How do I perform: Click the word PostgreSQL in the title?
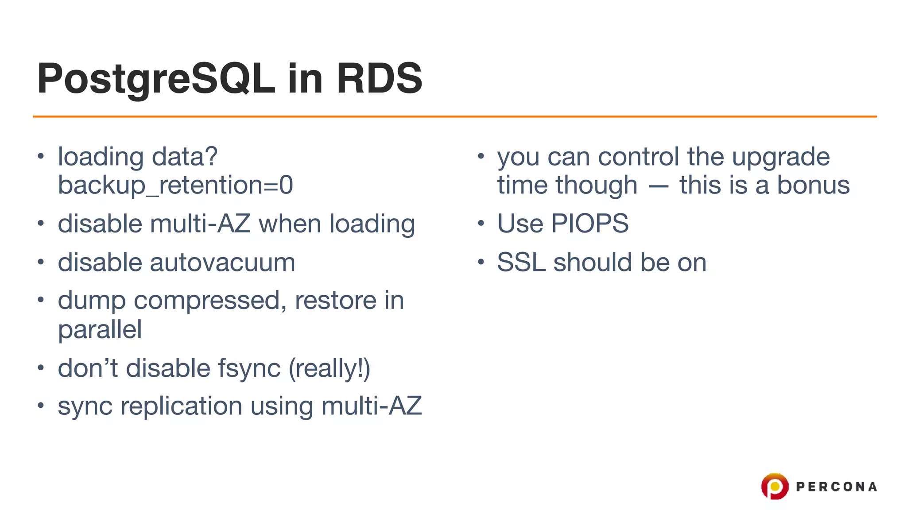coord(156,79)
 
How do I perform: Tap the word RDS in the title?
coord(379,79)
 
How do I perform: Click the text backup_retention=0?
coord(175,185)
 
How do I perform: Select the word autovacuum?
coord(222,263)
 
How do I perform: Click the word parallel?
coord(100,330)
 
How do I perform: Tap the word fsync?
coord(249,369)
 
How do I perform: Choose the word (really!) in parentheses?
coord(329,369)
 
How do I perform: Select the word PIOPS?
coord(589,224)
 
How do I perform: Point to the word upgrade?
coord(780,158)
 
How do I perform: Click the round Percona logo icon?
coord(775,486)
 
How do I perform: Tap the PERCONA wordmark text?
coord(836,487)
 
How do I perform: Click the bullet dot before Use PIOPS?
coord(481,224)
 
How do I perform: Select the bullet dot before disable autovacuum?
coord(41,263)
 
